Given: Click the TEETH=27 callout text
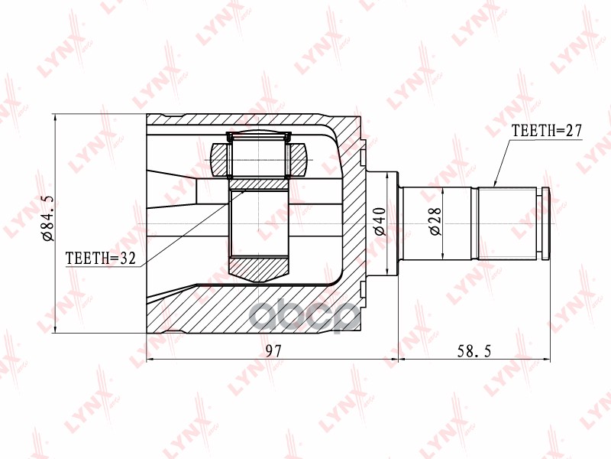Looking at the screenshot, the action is click(x=546, y=131).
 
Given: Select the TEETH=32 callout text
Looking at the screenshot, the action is click(x=101, y=258).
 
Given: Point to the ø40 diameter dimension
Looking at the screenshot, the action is click(x=380, y=221).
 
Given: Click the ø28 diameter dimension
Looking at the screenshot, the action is click(x=435, y=221).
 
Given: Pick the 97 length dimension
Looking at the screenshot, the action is click(x=273, y=351).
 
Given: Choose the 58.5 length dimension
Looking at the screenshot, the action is click(x=474, y=351).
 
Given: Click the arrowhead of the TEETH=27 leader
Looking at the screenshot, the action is click(x=494, y=184).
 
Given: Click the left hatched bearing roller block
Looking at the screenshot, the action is click(x=219, y=159).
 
